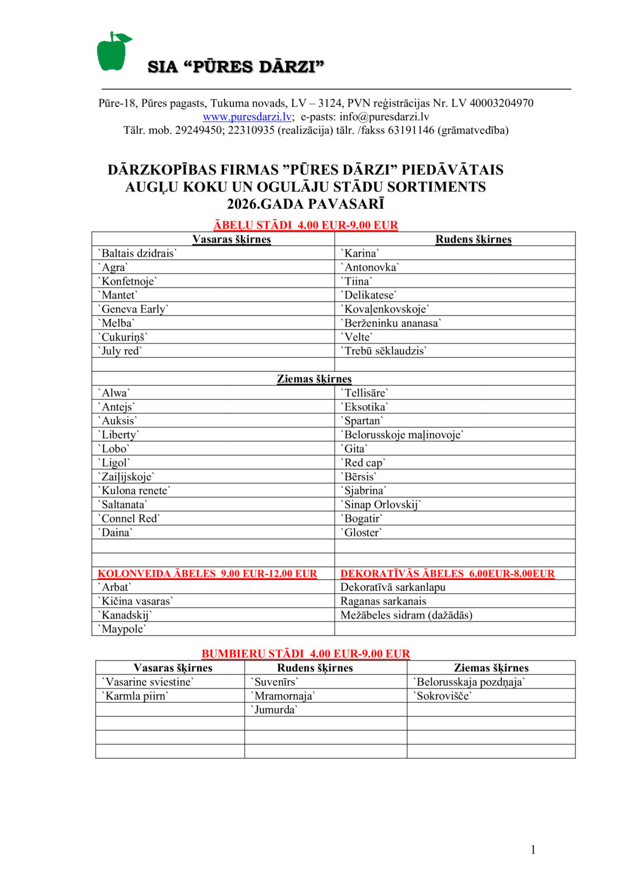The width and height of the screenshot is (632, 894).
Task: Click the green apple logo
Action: click(x=113, y=52)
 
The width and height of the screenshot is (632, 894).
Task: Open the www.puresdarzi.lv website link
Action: click(x=247, y=117)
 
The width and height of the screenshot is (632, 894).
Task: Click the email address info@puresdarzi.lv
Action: click(x=384, y=117)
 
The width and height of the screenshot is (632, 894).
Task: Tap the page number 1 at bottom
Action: click(x=533, y=850)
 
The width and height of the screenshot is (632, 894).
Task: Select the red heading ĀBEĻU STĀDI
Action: click(x=306, y=225)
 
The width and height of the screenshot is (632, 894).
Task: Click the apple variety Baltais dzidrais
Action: click(x=137, y=253)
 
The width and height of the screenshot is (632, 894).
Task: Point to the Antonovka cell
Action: click(x=370, y=267)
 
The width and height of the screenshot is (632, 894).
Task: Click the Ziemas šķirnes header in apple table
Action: click(x=314, y=379)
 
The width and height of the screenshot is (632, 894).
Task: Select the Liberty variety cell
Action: click(x=119, y=435)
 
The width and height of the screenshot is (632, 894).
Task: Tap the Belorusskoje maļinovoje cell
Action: click(x=402, y=435)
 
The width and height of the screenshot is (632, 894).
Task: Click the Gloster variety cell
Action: click(x=362, y=533)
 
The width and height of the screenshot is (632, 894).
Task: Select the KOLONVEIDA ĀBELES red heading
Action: click(x=207, y=574)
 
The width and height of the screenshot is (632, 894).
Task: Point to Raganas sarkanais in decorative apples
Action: click(x=384, y=601)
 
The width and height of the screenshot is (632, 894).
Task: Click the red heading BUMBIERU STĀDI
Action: click(x=306, y=654)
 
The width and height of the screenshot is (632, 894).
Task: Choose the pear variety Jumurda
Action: click(x=274, y=709)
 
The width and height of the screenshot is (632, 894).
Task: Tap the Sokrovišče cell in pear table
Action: click(x=442, y=696)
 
